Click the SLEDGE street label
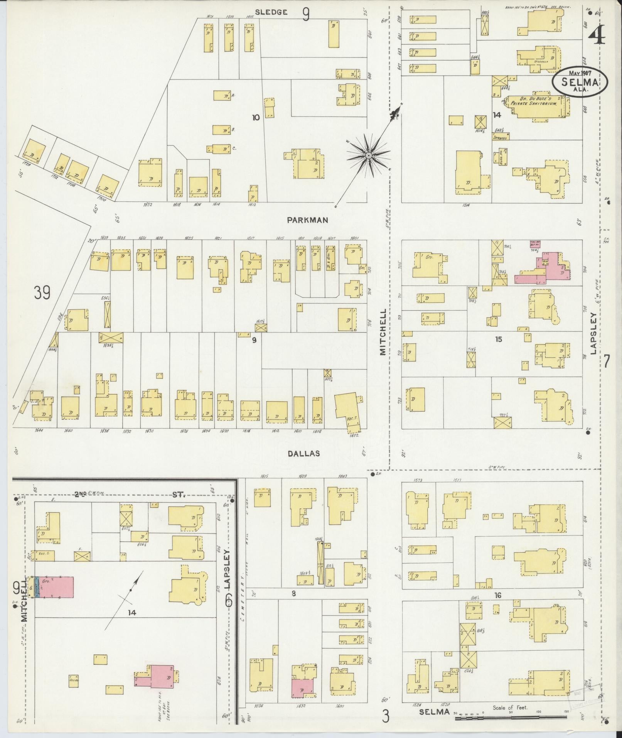click(x=272, y=12)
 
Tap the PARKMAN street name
click(x=307, y=220)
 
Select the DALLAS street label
click(x=304, y=453)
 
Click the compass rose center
click(x=368, y=155)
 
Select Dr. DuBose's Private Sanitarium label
click(x=534, y=101)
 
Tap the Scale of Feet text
click(x=510, y=708)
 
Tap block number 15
click(x=499, y=339)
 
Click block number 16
click(x=498, y=606)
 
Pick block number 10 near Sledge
click(x=256, y=117)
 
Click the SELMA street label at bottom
click(x=435, y=711)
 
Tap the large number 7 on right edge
click(x=607, y=361)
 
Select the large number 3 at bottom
click(x=385, y=717)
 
